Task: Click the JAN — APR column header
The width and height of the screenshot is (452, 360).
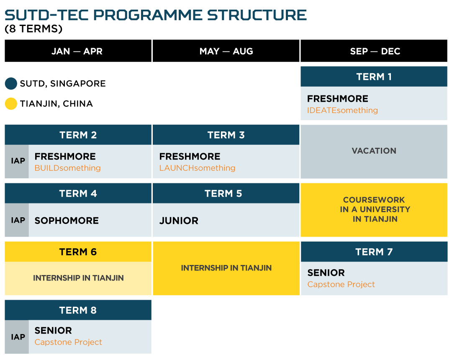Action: tap(77, 51)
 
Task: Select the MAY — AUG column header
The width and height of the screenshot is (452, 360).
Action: tap(226, 51)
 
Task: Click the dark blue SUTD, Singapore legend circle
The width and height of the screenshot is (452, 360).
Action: tap(11, 83)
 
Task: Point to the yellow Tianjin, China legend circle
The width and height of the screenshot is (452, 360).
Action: tap(11, 103)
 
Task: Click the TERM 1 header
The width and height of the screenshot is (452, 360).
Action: tap(374, 77)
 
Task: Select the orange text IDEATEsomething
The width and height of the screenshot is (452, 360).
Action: tap(342, 111)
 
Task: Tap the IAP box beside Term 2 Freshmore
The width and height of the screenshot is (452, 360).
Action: tap(17, 161)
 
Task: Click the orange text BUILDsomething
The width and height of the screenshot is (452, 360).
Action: tap(67, 168)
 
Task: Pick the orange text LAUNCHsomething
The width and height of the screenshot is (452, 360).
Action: tap(197, 168)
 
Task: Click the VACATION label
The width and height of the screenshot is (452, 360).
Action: tap(374, 151)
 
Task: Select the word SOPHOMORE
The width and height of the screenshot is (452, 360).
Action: tap(67, 221)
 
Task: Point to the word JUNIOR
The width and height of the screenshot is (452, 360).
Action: tap(179, 221)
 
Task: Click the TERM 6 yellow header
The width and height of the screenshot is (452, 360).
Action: tap(78, 252)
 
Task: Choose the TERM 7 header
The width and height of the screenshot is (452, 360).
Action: tap(374, 252)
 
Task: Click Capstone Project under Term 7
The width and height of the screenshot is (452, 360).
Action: tap(341, 285)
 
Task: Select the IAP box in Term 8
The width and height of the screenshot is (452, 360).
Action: tap(17, 337)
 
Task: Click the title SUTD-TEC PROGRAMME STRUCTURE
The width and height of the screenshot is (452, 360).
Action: tap(156, 15)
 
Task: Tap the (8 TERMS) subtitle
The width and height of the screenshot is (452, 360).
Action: tap(33, 29)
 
